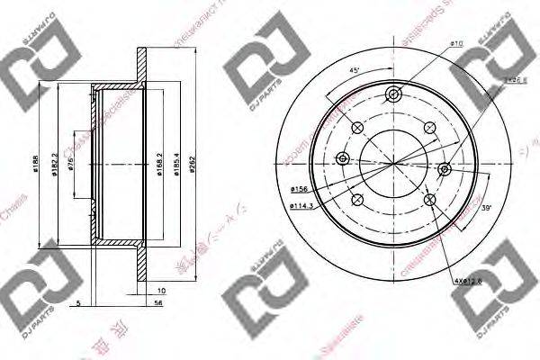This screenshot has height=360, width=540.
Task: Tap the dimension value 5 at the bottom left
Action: click(79, 303)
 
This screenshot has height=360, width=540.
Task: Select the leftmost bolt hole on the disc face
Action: click(341, 159)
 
